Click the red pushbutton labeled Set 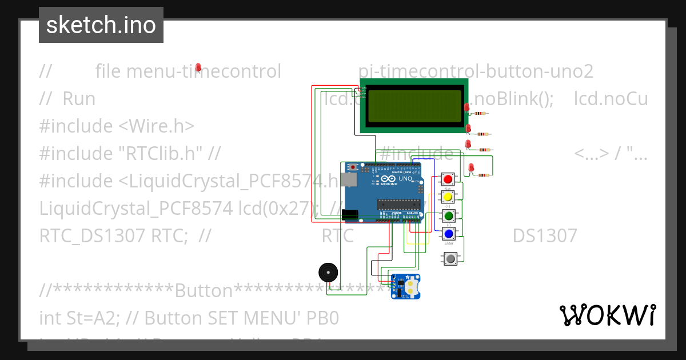[448, 179]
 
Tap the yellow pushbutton [448, 197]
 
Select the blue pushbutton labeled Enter [449, 234]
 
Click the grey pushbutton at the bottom [450, 259]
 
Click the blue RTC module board [405, 286]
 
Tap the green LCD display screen [414, 106]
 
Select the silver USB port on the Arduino [346, 180]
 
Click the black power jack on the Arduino [350, 215]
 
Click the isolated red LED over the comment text [198, 68]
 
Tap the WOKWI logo [607, 315]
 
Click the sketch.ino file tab [101, 25]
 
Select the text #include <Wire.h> [117, 126]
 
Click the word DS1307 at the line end [544, 235]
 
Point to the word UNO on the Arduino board [405, 179]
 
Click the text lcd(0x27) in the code [277, 208]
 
